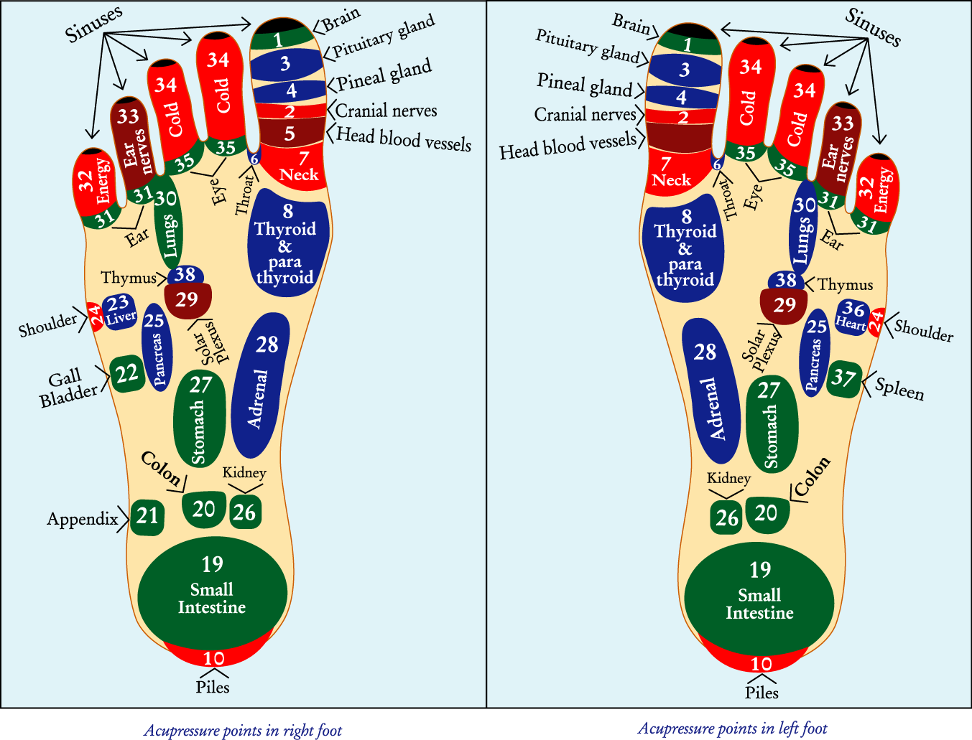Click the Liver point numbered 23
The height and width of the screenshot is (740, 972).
click(x=119, y=312)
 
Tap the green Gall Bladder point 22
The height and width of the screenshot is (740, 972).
click(x=126, y=373)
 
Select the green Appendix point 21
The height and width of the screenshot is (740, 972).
click(x=147, y=516)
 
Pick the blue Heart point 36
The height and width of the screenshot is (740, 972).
click(x=852, y=316)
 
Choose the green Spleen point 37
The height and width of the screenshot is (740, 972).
click(x=844, y=378)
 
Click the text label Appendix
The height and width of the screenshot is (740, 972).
click(x=83, y=519)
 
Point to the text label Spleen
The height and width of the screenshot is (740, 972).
click(x=899, y=389)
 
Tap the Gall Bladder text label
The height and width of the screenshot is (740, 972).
click(x=68, y=388)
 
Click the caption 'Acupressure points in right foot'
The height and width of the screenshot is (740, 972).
click(x=243, y=731)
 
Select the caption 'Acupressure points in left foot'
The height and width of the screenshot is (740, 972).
click(x=732, y=729)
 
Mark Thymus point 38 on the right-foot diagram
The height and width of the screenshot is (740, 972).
click(x=185, y=275)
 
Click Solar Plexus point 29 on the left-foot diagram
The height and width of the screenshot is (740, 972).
click(x=784, y=305)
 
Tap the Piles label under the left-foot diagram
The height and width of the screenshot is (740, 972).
click(x=762, y=693)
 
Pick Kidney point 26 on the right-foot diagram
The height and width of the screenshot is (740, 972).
click(x=244, y=512)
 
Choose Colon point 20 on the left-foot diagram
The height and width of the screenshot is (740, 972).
click(x=767, y=514)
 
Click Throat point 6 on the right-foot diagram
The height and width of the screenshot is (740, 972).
click(x=254, y=158)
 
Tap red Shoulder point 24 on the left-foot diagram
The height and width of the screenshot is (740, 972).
click(x=876, y=322)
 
